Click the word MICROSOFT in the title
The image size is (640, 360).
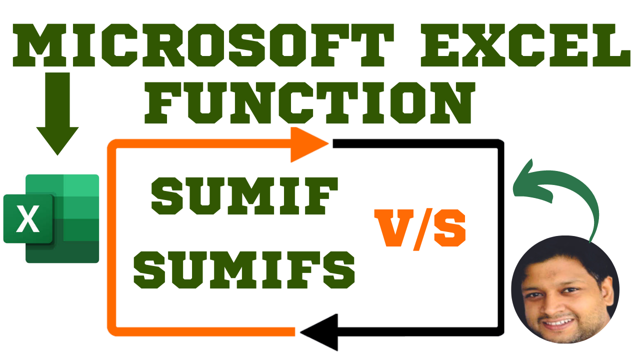203,45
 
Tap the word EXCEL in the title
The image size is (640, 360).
525,45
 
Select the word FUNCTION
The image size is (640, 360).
309,103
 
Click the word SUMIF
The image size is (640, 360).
244,195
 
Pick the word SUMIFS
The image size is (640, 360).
244,269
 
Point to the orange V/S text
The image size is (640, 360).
420,229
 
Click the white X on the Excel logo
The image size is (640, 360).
27,219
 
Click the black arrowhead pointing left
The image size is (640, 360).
319,332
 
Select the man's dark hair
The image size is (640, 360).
564,257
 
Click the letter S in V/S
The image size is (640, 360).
449,228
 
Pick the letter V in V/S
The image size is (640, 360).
393,228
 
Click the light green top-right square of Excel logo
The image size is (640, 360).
81,185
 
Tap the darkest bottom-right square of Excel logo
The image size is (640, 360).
81,251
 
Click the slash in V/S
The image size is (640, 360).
423,229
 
